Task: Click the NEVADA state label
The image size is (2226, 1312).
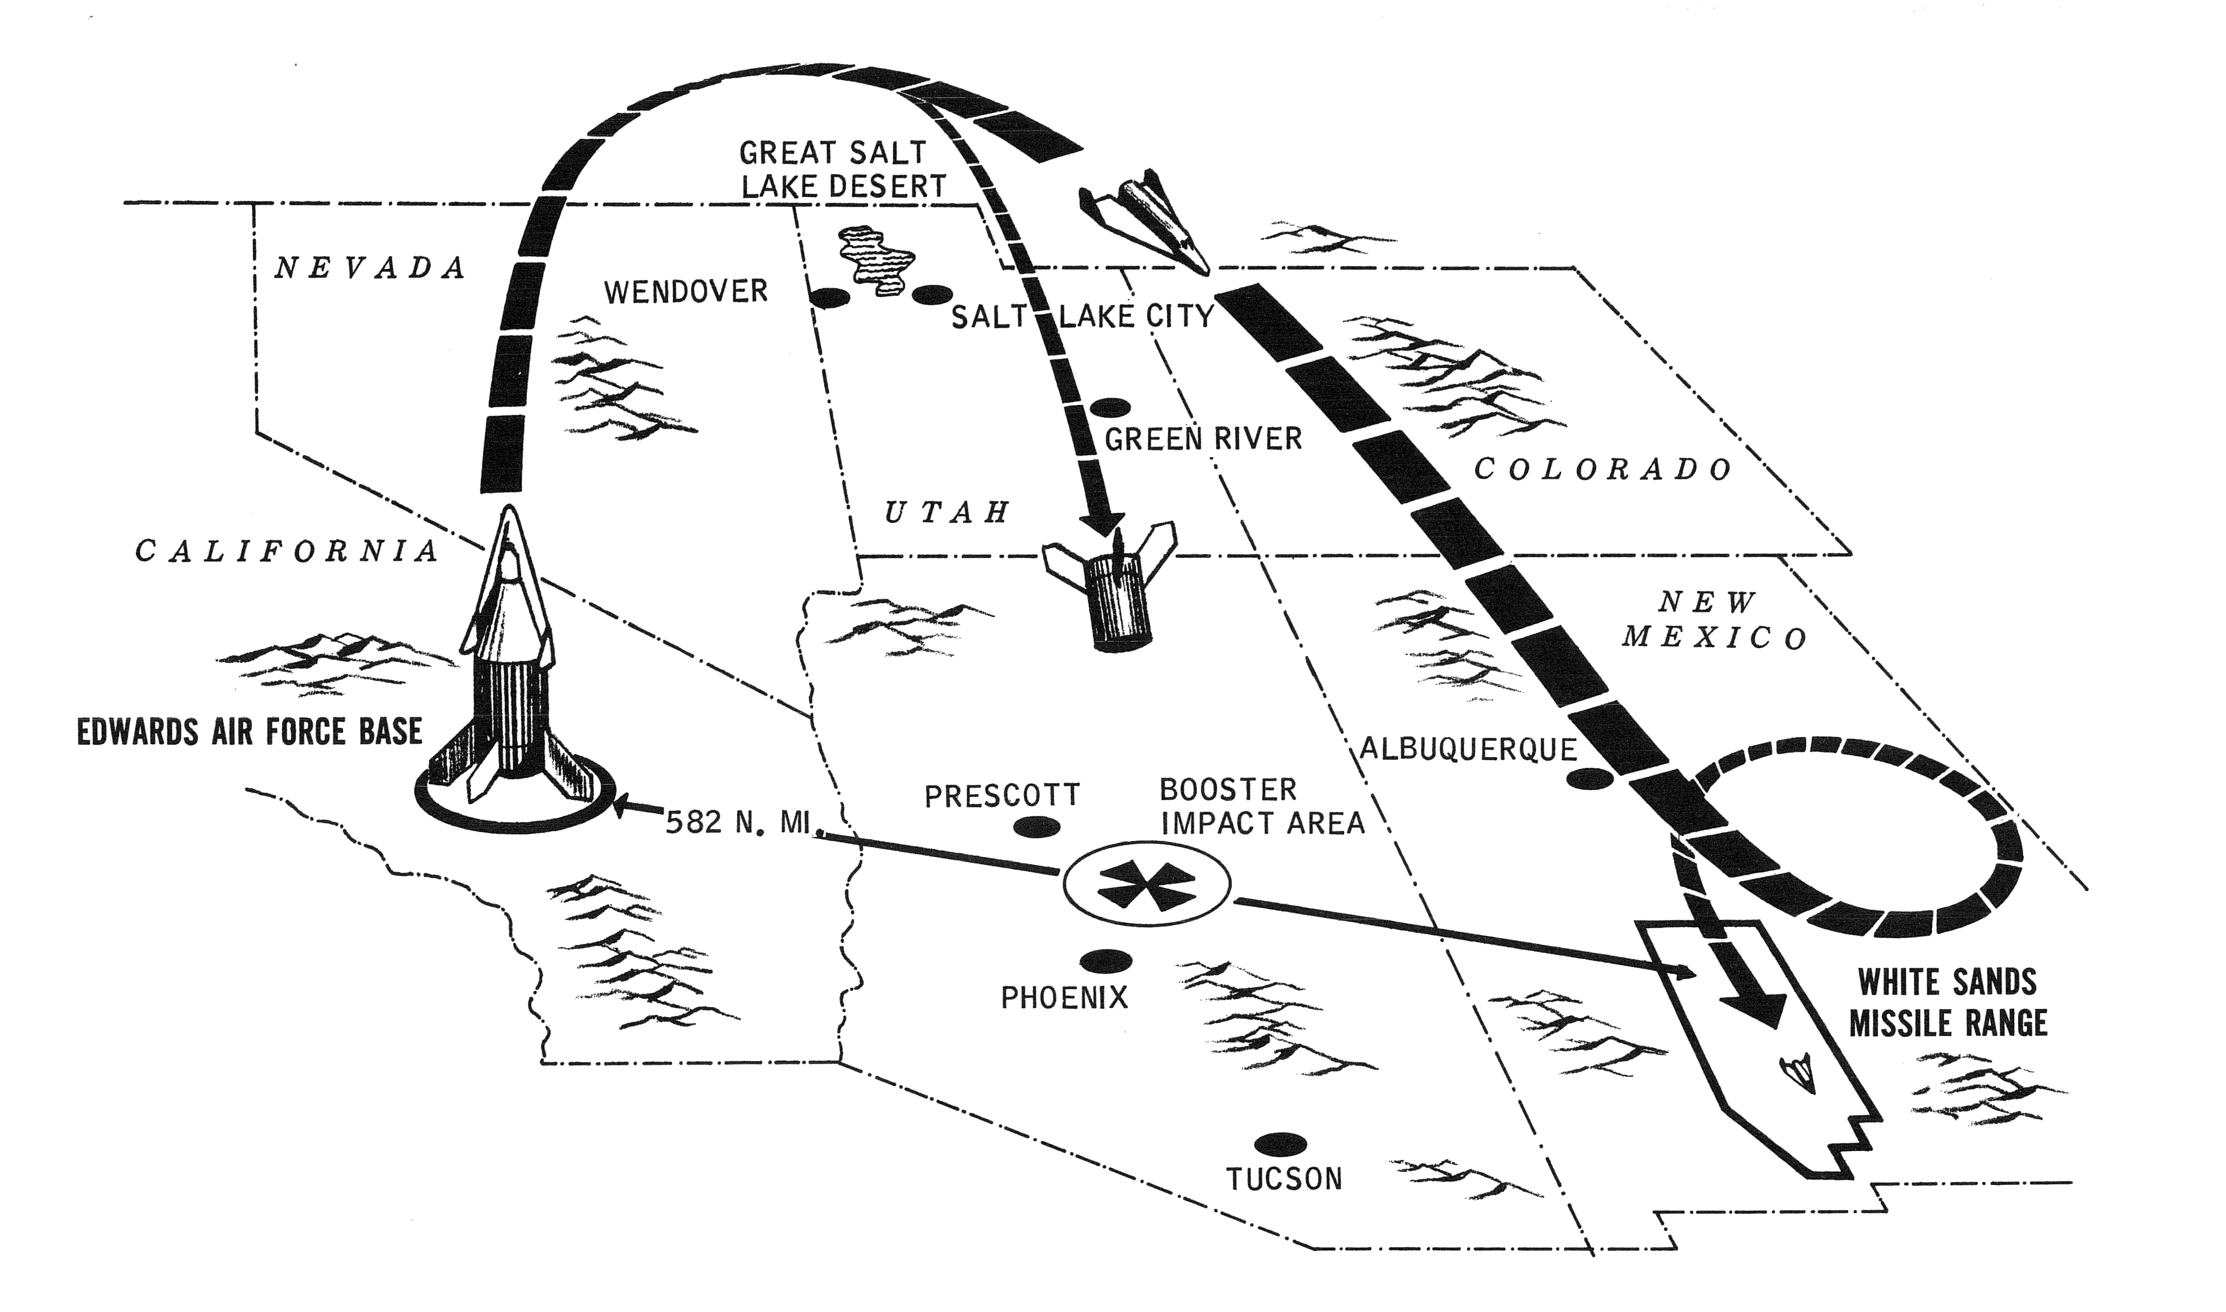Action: point(370,267)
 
